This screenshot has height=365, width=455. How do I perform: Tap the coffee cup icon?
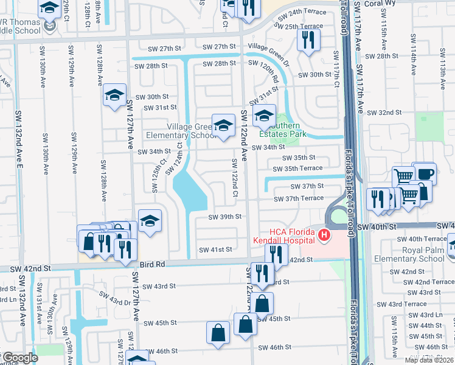pyautogui.click(x=424, y=172)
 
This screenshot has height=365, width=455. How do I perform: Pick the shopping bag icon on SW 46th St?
pyautogui.click(x=218, y=333)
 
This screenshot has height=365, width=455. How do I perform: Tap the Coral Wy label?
pyautogui.click(x=437, y=3)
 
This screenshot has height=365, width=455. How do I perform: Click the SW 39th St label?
pyautogui.click(x=225, y=217)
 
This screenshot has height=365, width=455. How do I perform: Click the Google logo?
pyautogui.click(x=19, y=358)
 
